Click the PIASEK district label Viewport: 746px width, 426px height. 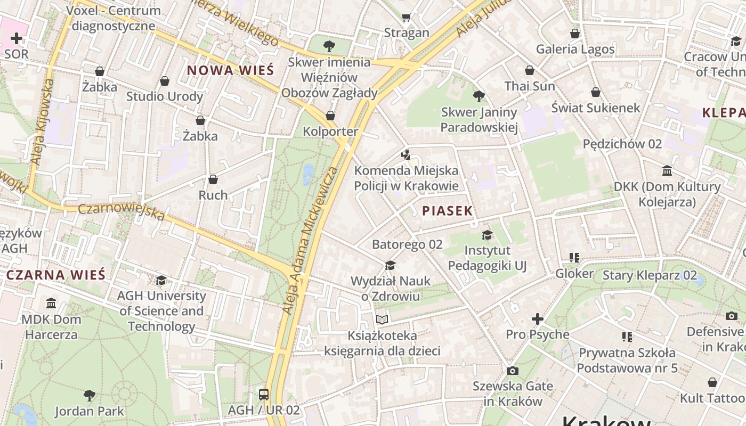pos(447,211)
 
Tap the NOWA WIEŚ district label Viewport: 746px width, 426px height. pos(230,70)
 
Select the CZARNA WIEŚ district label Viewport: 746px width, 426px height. pos(56,275)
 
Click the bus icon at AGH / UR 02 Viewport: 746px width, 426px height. pos(264,395)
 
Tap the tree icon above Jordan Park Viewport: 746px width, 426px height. pos(90,396)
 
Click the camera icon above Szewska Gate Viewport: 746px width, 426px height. pos(512,371)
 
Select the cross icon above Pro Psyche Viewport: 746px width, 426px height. pos(537,319)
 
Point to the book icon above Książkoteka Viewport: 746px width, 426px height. pos(382,319)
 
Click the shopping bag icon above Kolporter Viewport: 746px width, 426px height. pos(330,116)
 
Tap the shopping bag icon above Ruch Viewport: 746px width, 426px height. pos(213,179)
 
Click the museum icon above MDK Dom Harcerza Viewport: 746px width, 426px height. pos(51,304)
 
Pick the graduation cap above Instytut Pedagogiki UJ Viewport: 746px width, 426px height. pos(487,235)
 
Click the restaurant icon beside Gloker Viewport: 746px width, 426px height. pos(574,258)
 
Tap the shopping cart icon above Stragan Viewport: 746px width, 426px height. pos(407,17)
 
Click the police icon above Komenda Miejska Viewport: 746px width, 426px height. pos(406,155)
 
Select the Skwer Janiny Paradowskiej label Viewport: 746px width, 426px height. pos(479,120)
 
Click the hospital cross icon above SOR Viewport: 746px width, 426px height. pos(17,38)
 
